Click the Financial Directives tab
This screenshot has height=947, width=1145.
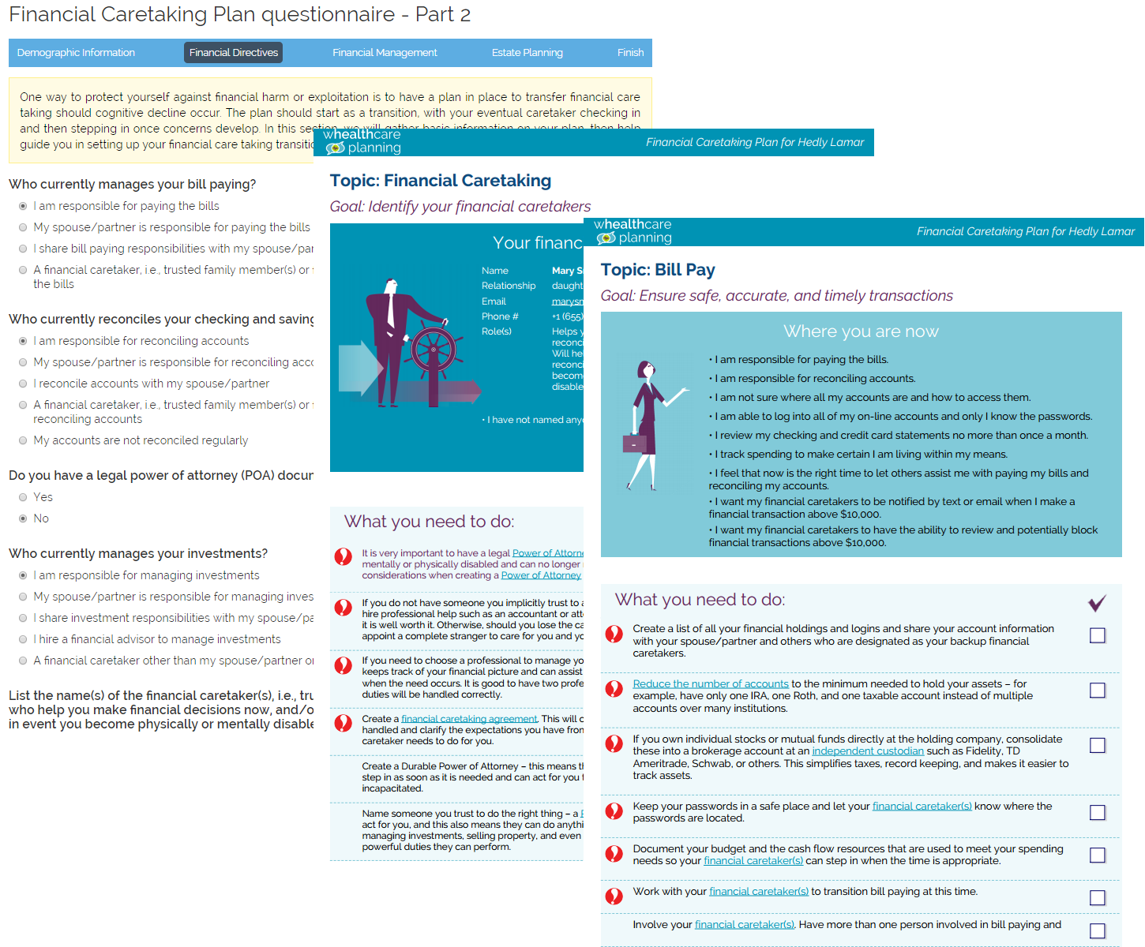click(233, 53)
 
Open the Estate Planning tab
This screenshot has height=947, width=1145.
click(527, 53)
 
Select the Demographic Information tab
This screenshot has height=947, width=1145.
click(76, 53)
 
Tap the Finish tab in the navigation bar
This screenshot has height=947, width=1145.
click(630, 53)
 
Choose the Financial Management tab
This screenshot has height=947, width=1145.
click(385, 53)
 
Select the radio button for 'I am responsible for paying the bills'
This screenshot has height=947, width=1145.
click(23, 206)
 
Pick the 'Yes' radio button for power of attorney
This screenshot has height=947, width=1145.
click(23, 497)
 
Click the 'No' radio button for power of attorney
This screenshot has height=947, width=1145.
click(23, 518)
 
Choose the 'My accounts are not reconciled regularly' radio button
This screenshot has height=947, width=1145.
click(23, 440)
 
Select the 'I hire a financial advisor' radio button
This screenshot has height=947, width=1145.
click(23, 639)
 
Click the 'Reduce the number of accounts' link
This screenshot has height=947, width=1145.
click(710, 684)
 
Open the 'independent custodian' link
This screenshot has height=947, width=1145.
click(867, 751)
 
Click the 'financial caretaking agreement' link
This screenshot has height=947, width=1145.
click(469, 719)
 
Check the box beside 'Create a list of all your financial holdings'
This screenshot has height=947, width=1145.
click(1097, 635)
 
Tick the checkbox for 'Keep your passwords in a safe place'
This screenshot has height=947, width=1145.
click(1097, 812)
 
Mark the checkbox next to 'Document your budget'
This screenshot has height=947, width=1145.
click(1097, 855)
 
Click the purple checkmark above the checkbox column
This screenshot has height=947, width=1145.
click(1097, 603)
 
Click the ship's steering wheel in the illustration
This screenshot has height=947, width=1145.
click(434, 350)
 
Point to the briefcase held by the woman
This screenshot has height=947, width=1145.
click(633, 444)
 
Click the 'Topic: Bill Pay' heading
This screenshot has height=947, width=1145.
click(657, 270)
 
